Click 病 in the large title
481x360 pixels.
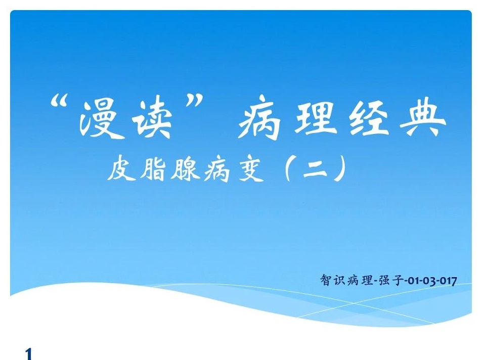[258, 117]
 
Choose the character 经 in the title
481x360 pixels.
[370, 118]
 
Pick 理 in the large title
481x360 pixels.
[315, 116]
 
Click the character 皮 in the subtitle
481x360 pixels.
[121, 169]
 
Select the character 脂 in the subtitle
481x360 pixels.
[153, 169]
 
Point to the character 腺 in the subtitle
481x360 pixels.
[185, 169]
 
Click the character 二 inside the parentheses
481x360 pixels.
[315, 169]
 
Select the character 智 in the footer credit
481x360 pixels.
[326, 280]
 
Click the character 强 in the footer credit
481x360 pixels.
[384, 280]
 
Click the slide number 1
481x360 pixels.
[28, 353]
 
